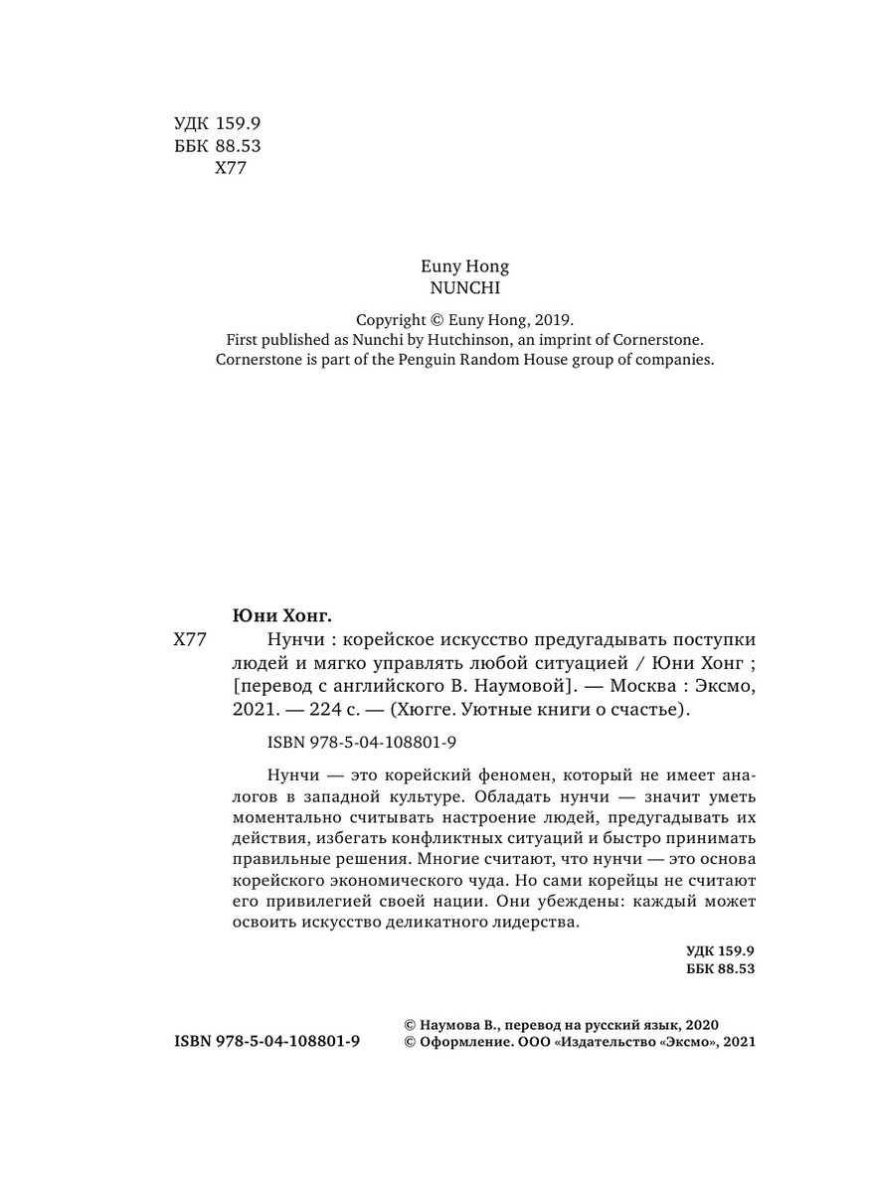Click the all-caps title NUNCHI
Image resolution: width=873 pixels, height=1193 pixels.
click(464, 288)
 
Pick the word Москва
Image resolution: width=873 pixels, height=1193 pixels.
click(644, 685)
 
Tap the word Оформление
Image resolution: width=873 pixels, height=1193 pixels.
click(461, 1042)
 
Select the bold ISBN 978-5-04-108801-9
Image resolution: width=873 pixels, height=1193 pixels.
click(266, 1042)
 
